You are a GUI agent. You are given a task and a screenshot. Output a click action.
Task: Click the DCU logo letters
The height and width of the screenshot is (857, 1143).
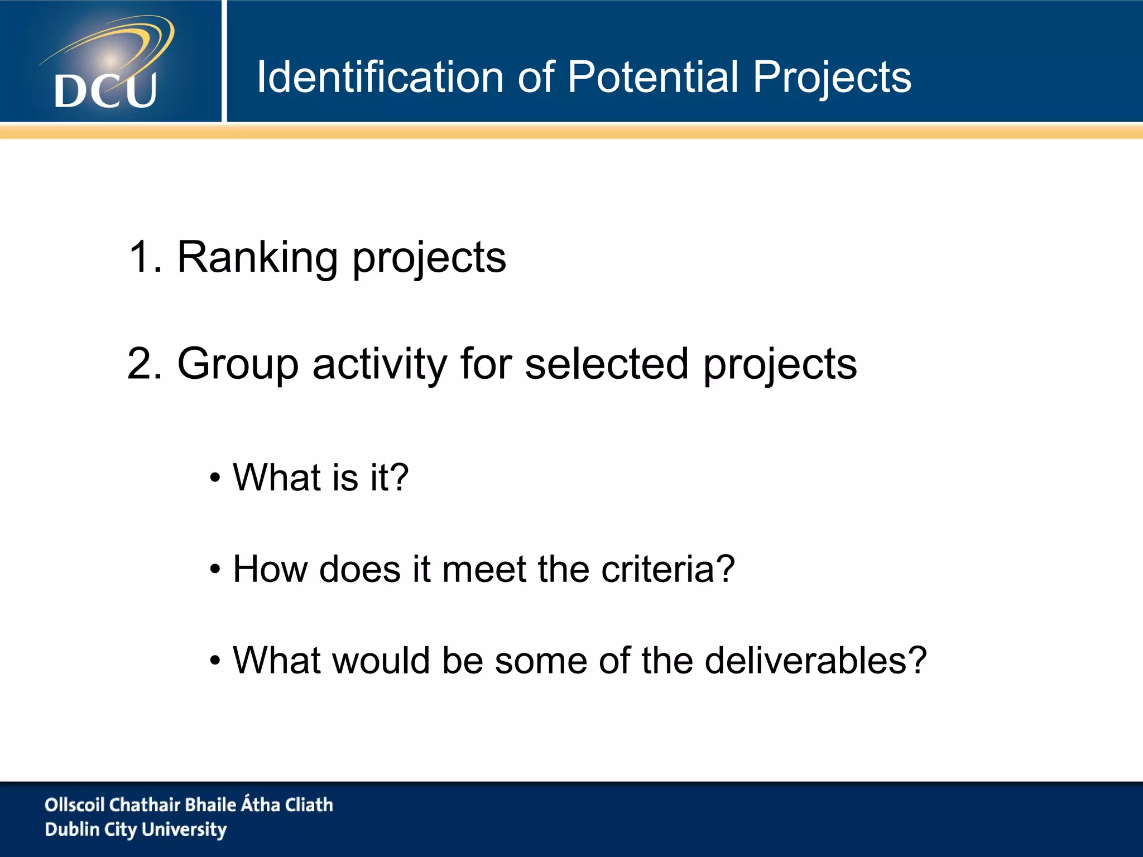coord(105,90)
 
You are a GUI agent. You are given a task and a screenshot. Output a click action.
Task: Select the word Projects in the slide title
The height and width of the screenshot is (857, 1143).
coord(832,78)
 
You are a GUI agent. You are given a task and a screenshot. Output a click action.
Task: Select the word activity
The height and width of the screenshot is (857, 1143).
coord(380,364)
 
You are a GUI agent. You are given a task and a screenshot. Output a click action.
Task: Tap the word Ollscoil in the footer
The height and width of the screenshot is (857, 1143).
coord(74,805)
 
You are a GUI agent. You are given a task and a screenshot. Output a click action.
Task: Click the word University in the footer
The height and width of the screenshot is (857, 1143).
coord(184,830)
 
